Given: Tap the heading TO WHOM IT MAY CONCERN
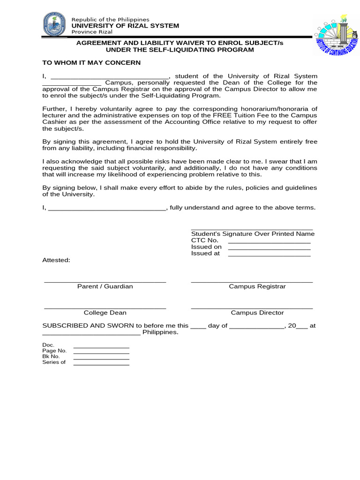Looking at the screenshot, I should (x=91, y=62).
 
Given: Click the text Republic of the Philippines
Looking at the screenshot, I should (x=110, y=19).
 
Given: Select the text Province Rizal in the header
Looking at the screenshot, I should (x=91, y=32).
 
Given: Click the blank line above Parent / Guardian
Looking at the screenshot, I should (x=105, y=282).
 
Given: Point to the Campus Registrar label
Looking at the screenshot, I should (x=257, y=286).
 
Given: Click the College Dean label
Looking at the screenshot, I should (x=105, y=313).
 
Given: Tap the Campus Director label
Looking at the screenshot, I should (x=257, y=313).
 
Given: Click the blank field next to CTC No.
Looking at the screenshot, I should (x=269, y=242).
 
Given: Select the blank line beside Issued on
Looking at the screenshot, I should (x=269, y=249).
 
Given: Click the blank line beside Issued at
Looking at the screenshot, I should (x=269, y=255).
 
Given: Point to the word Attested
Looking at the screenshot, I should (x=56, y=260).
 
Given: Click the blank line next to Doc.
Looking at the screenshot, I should (x=101, y=347).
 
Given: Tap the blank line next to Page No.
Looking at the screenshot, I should (x=101, y=353).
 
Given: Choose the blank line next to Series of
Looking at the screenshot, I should (x=101, y=364).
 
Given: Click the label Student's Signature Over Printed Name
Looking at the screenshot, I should (x=253, y=234).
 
